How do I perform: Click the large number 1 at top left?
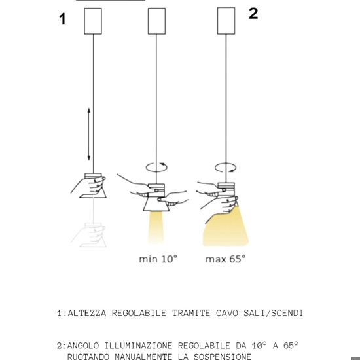(x=63, y=20)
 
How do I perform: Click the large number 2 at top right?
(x=253, y=14)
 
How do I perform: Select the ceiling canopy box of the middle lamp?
(x=157, y=21)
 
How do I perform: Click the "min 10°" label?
(x=158, y=259)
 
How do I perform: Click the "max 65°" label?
(x=225, y=259)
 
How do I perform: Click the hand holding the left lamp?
(x=83, y=187)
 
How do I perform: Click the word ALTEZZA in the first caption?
(x=87, y=314)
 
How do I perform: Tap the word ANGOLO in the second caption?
(x=84, y=345)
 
